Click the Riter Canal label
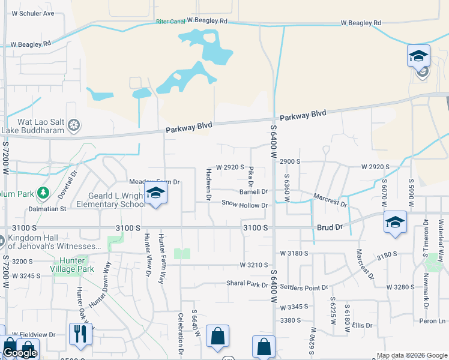click(170, 21)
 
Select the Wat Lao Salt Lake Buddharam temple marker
click(74, 125)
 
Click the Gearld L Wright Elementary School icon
click(155, 193)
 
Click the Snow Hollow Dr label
click(244, 205)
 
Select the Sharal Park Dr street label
click(247, 283)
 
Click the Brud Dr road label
click(330, 228)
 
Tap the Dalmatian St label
click(47, 209)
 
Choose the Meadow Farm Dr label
click(155, 181)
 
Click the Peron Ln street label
click(433, 321)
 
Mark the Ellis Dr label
click(363, 325)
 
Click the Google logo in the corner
click(20, 353)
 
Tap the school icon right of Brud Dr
click(396, 222)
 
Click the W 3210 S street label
click(253, 265)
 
